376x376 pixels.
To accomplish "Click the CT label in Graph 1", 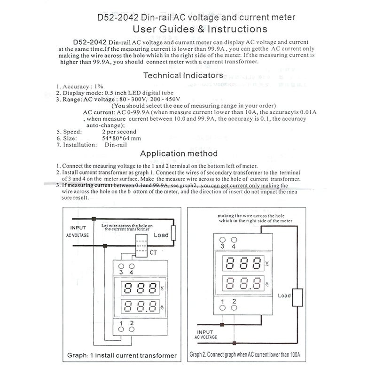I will (153, 253).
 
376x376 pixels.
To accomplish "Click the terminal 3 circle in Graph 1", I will (121, 266).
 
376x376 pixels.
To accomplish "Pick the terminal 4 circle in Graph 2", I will (233, 240).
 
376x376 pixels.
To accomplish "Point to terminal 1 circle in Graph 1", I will (121, 329).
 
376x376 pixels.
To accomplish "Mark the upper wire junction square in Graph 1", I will (94, 219).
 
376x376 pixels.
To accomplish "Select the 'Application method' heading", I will (179, 154).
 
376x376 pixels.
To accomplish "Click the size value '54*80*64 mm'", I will (121, 139).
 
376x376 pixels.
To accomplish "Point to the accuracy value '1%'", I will (98, 86).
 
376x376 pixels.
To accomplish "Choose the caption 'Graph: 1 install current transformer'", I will (122, 355).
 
